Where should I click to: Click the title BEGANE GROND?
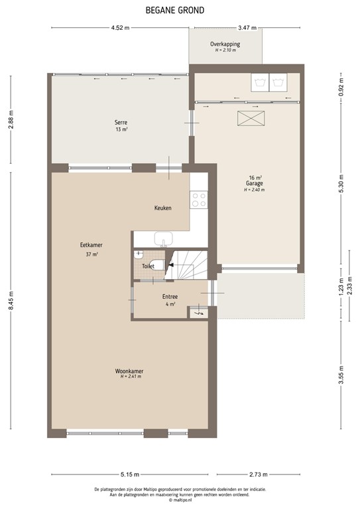pyautogui.click(x=174, y=11)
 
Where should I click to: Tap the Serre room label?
pyautogui.click(x=121, y=123)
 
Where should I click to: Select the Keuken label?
pyautogui.click(x=162, y=207)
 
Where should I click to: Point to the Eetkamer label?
pyautogui.click(x=91, y=245)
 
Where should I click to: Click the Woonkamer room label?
pyautogui.click(x=129, y=371)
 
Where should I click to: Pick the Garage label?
pyautogui.click(x=254, y=184)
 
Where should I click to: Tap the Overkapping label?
pyautogui.click(x=225, y=44)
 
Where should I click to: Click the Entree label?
pyautogui.click(x=170, y=297)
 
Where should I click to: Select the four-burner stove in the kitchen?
pyautogui.click(x=199, y=199)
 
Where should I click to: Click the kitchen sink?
pyautogui.click(x=164, y=239)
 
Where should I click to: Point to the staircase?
pyautogui.click(x=186, y=264)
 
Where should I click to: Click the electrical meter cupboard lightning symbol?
pyautogui.click(x=198, y=313)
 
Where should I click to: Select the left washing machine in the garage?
pyautogui.click(x=259, y=82)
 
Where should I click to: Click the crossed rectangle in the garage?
pyautogui.click(x=251, y=118)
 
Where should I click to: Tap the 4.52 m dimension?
pyautogui.click(x=120, y=28)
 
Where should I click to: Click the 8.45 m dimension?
pyautogui.click(x=11, y=300)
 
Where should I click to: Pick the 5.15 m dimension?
pyautogui.click(x=130, y=475)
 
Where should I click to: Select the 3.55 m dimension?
pyautogui.click(x=341, y=375)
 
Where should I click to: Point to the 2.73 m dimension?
pyautogui.click(x=259, y=475)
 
